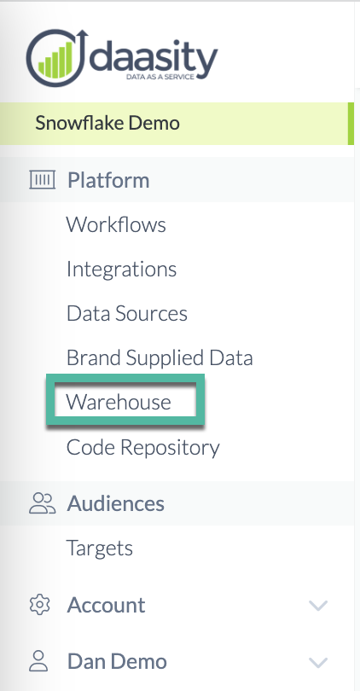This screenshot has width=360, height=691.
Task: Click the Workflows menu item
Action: [x=116, y=224]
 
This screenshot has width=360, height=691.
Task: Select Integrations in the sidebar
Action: [x=122, y=269]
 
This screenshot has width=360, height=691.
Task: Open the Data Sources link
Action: [x=127, y=313]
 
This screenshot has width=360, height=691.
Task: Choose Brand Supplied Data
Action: [x=160, y=357]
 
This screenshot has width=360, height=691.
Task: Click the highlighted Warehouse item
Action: [x=118, y=402]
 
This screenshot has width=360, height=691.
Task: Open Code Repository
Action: [x=142, y=447]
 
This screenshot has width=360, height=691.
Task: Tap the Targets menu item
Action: [x=100, y=549]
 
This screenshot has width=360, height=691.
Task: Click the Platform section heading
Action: [x=108, y=180]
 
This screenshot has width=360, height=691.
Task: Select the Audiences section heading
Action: [x=115, y=503]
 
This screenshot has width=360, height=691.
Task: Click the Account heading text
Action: [x=106, y=605]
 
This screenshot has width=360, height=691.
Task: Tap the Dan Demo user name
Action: [x=117, y=661]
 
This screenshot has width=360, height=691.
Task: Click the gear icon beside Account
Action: [x=39, y=605]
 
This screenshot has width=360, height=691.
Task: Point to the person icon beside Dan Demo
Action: [x=38, y=661]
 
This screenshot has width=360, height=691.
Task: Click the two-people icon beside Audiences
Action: [x=43, y=503]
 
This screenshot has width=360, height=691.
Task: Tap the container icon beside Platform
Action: [x=43, y=180]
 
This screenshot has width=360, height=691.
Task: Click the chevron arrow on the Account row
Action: [x=318, y=606]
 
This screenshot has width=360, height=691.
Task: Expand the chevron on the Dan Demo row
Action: [x=318, y=662]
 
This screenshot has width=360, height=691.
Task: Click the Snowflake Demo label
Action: [x=107, y=123]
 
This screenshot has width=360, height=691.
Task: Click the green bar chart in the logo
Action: [x=55, y=60]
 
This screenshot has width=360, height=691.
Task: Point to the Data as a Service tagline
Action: [x=160, y=77]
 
